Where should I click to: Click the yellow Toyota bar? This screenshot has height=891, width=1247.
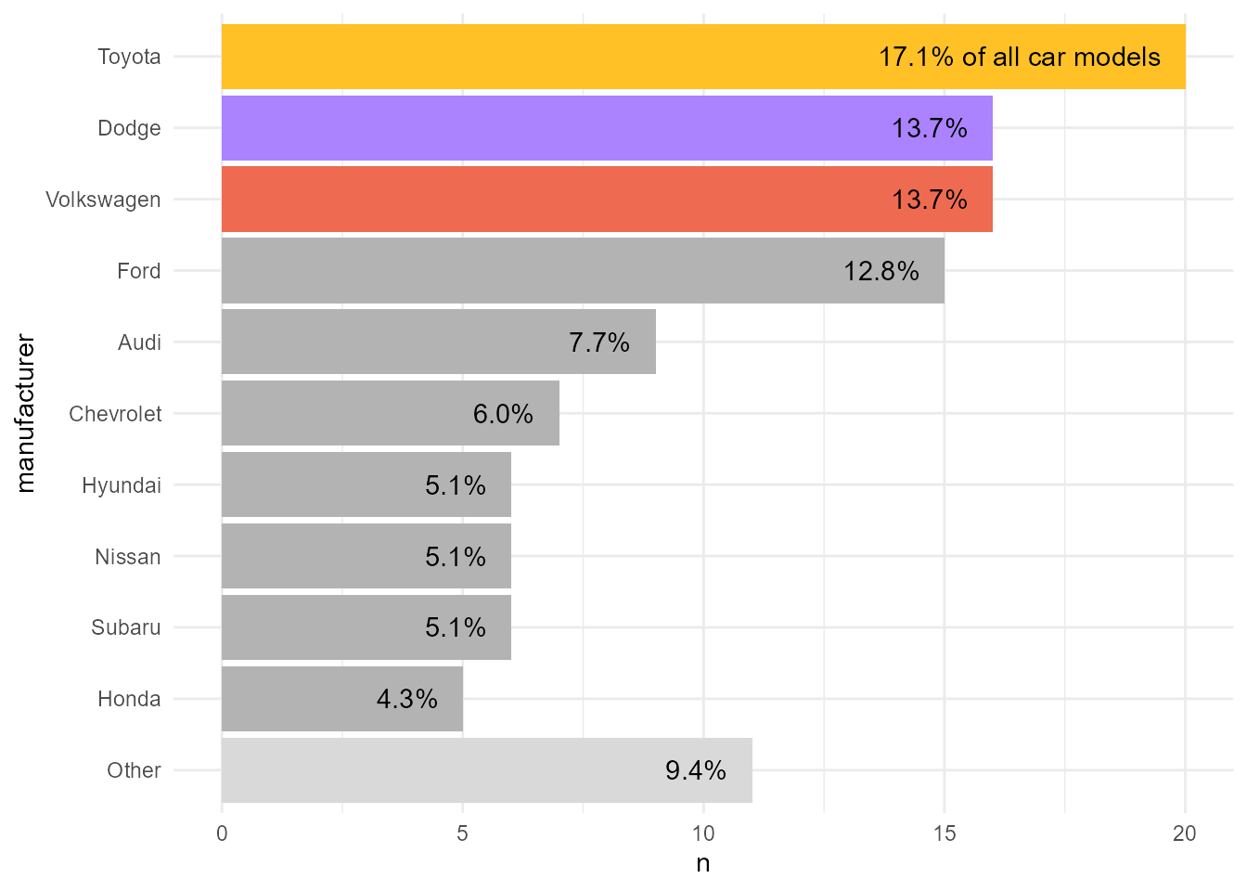557,57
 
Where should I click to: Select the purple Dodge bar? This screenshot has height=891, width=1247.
557,128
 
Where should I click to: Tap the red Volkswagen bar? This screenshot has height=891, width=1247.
557,200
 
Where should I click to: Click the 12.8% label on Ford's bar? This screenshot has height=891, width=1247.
881,271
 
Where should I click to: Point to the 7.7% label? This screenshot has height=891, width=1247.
599,342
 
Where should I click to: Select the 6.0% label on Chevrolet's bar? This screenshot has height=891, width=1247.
503,414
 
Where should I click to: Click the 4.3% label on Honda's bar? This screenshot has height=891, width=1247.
406,699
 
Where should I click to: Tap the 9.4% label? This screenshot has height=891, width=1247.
696,770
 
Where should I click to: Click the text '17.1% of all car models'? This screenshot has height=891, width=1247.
1019,58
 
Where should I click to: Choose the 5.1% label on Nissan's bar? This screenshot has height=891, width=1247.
455,557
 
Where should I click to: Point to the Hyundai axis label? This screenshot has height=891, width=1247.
122,485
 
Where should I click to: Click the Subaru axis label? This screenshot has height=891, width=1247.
126,628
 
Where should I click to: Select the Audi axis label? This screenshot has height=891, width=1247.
139,342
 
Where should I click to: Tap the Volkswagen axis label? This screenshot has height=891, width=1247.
103,200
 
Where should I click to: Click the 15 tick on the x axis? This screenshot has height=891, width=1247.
945,833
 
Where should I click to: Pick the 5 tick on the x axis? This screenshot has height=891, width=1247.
462,833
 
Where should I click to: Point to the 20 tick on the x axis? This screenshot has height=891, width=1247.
1185,833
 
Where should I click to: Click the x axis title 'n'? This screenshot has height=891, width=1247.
703,864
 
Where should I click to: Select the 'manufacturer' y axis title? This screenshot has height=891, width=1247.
25,414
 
